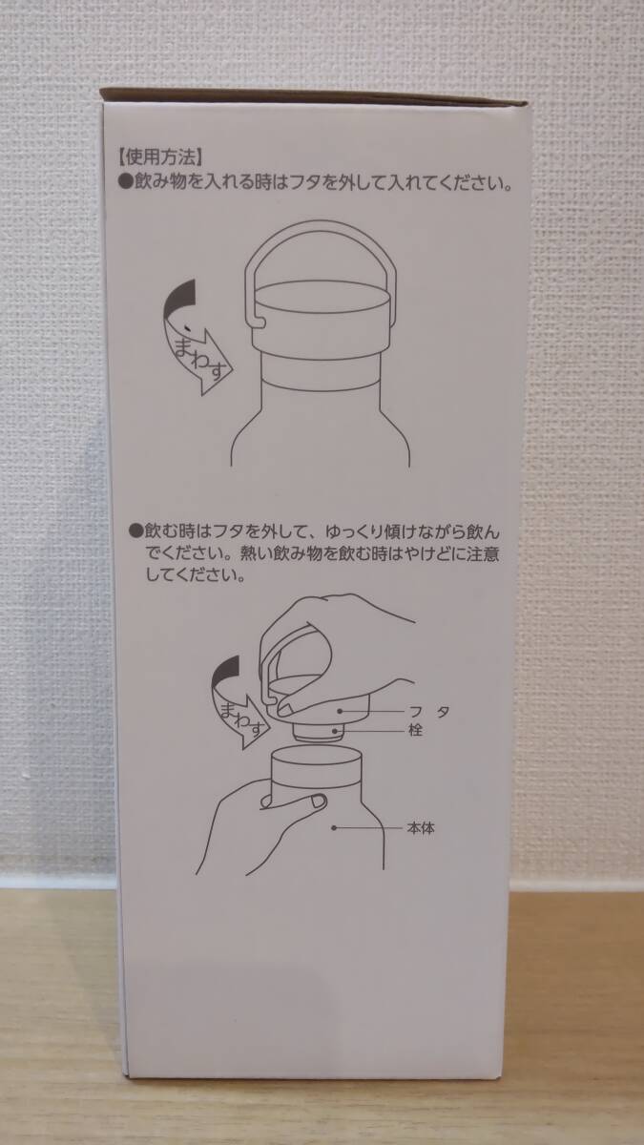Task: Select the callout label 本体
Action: tap(422, 828)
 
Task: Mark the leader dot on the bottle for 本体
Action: tap(335, 828)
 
